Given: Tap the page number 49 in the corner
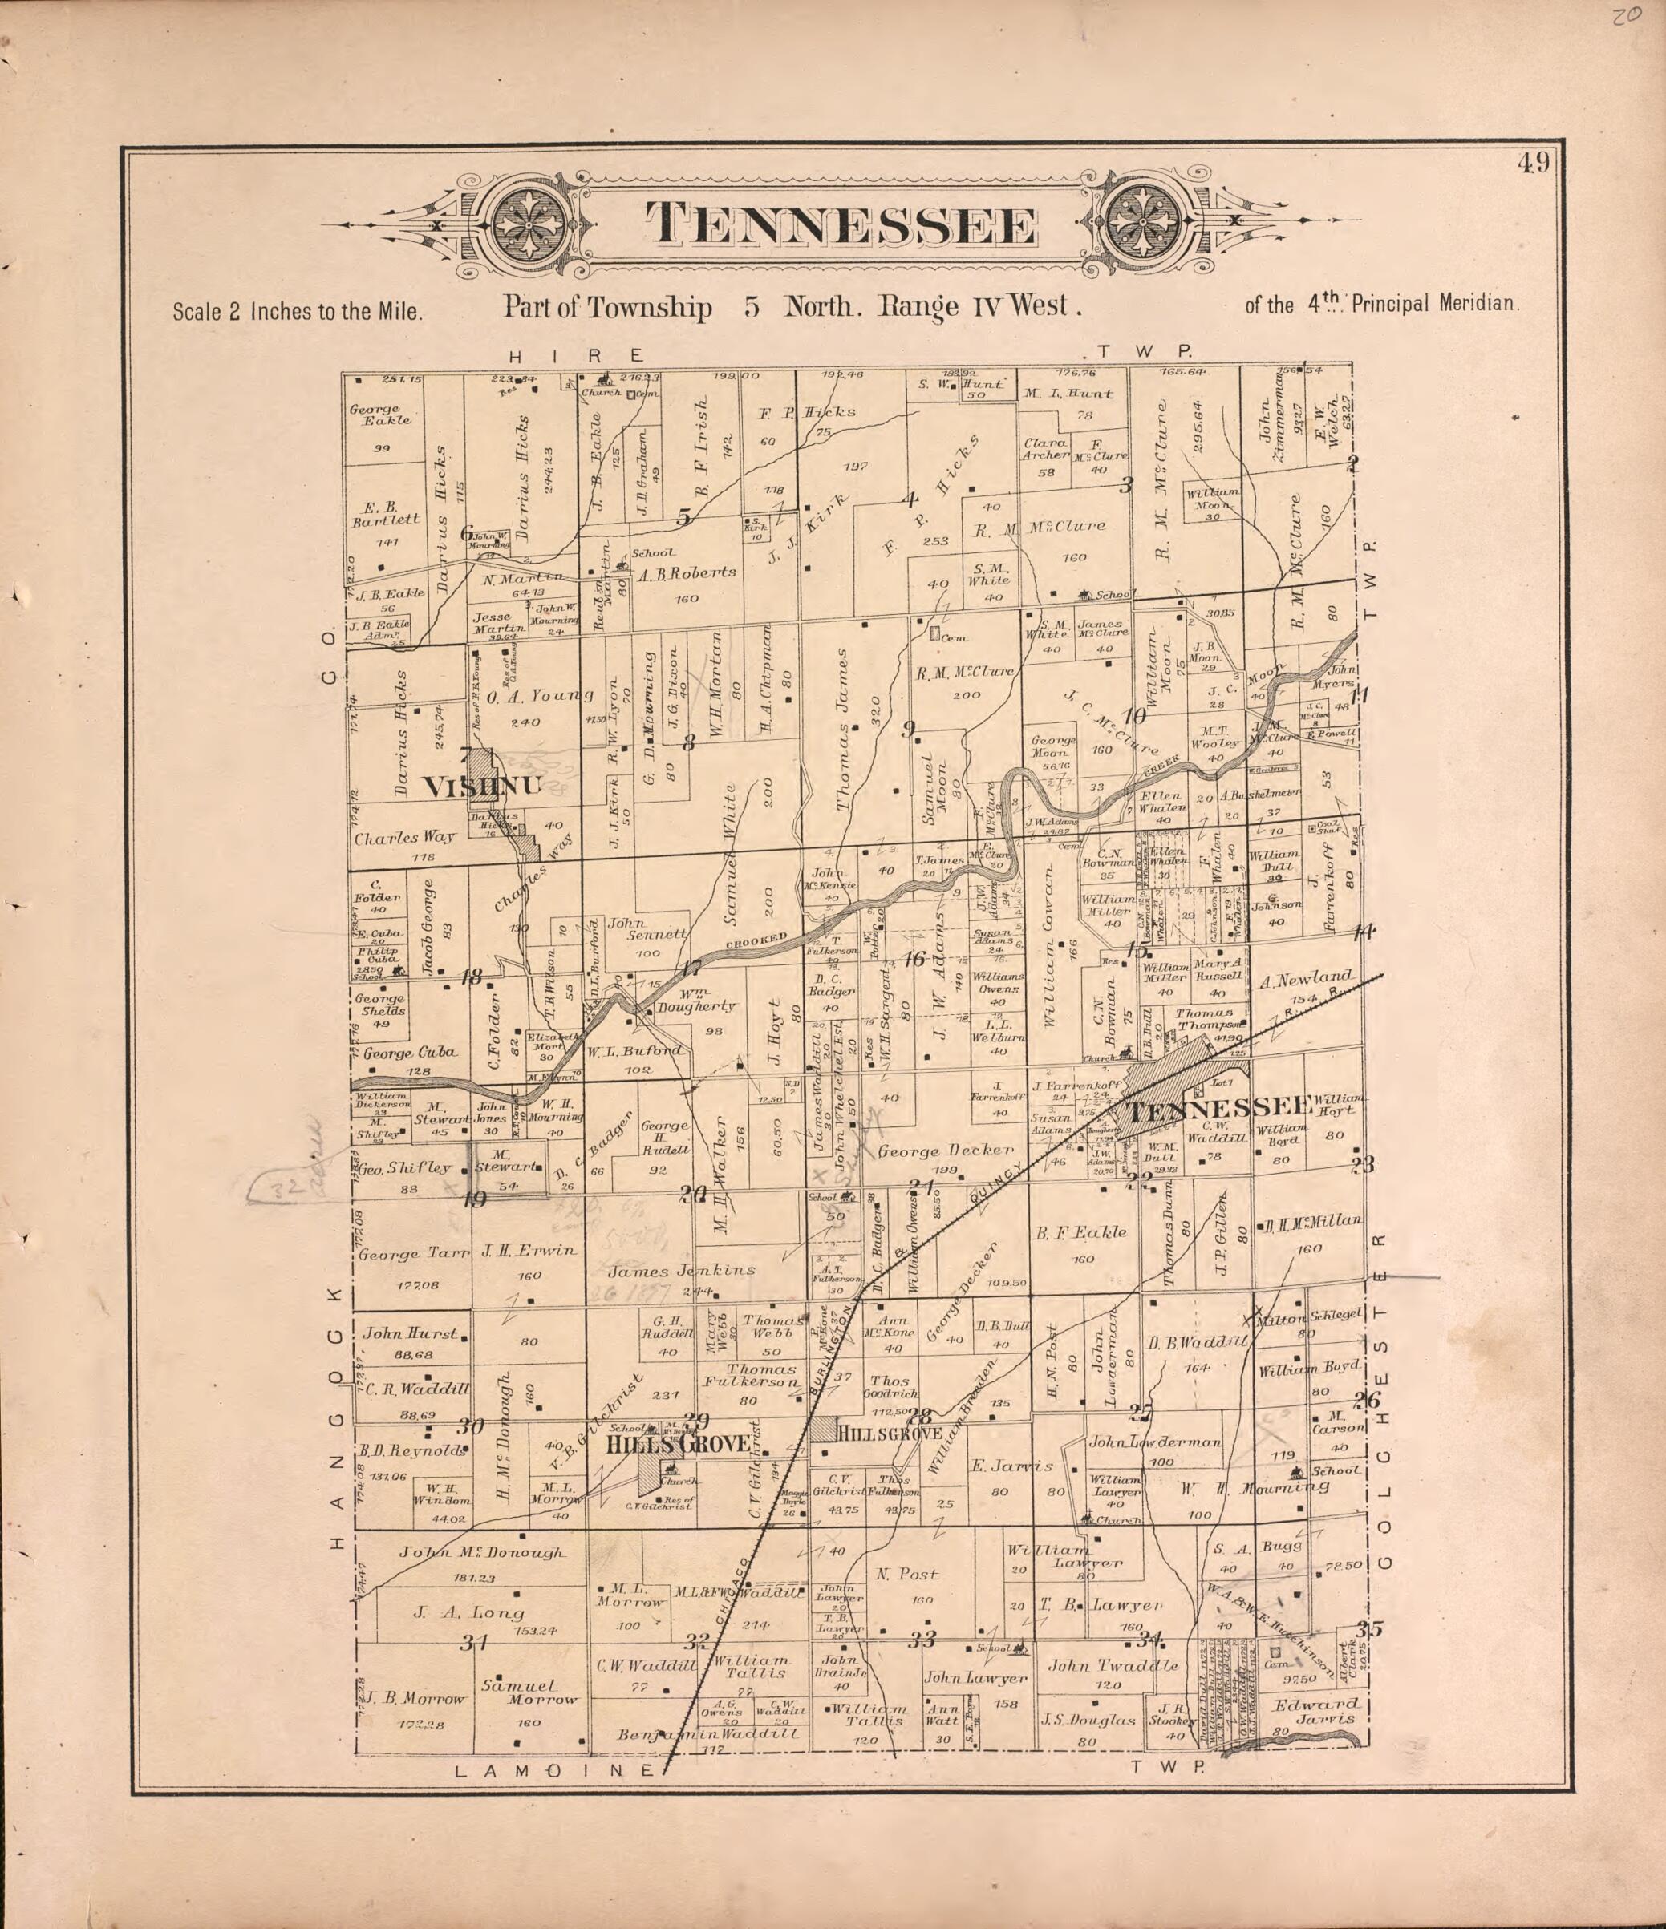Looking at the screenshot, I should (1533, 164).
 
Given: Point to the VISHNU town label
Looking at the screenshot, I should (481, 787).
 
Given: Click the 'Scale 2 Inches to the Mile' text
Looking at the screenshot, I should (298, 311).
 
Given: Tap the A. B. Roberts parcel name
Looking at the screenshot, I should (687, 572).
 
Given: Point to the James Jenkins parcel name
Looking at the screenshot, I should (681, 1270).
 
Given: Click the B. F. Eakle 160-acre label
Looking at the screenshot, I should (1081, 1231).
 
